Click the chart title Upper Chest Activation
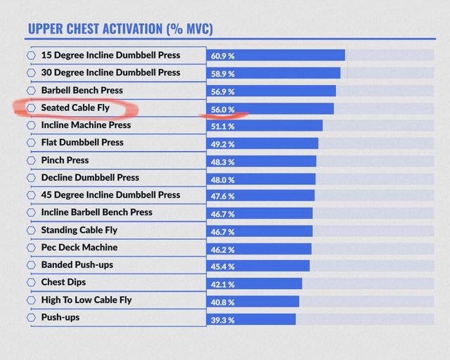(x=120, y=29)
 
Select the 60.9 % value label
(x=223, y=56)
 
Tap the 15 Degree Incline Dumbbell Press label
(x=110, y=55)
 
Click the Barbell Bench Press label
(x=82, y=90)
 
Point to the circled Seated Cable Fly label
(x=75, y=108)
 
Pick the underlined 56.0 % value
(x=223, y=109)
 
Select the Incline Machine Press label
(x=86, y=125)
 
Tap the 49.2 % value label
(x=223, y=144)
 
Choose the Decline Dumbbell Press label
(x=90, y=177)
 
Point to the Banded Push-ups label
(x=77, y=265)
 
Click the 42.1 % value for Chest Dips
(x=223, y=284)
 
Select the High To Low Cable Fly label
(x=86, y=300)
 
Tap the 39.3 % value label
(x=223, y=320)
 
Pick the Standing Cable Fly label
(x=79, y=230)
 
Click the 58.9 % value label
(x=223, y=73)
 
